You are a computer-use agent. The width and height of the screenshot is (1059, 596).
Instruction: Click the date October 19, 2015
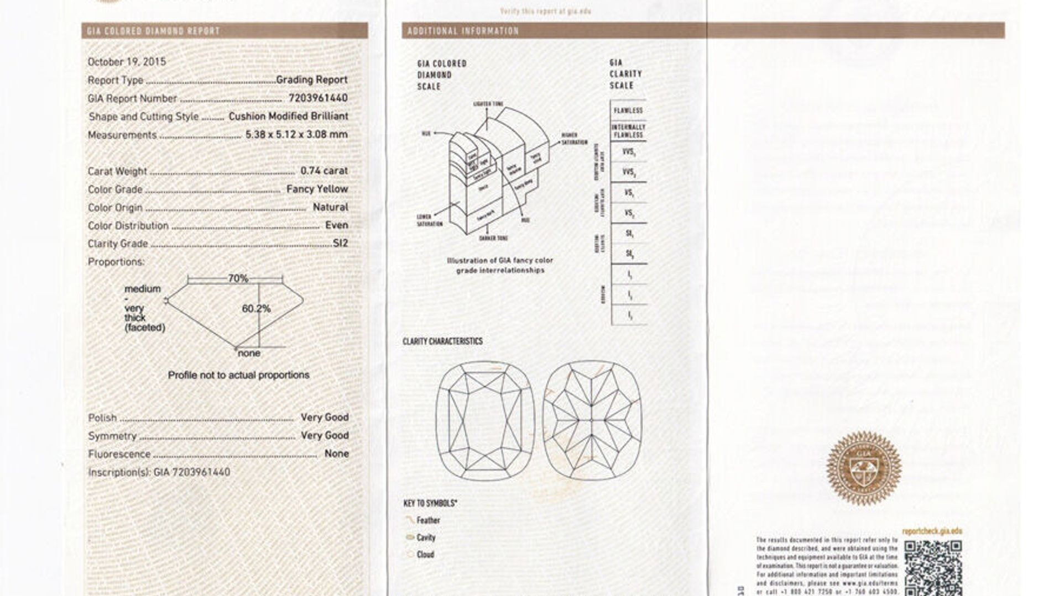pyautogui.click(x=127, y=62)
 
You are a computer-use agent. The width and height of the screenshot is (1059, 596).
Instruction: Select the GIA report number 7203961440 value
pyautogui.click(x=318, y=98)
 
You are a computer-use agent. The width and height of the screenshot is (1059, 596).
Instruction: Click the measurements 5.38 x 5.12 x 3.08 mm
pyautogui.click(x=296, y=134)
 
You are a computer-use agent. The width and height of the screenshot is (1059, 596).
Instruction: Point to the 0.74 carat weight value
pyautogui.click(x=324, y=171)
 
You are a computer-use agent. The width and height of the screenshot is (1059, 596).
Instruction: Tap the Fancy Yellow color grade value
pyautogui.click(x=317, y=189)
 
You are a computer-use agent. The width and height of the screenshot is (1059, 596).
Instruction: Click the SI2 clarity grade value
pyautogui.click(x=340, y=243)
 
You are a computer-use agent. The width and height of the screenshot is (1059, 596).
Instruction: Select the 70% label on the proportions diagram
pyautogui.click(x=238, y=278)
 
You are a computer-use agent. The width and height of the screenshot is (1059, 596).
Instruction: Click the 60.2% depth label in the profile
pyautogui.click(x=256, y=309)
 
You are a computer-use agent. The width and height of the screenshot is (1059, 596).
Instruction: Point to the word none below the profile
pyautogui.click(x=248, y=353)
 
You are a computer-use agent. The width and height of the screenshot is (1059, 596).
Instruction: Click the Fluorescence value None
pyautogui.click(x=336, y=453)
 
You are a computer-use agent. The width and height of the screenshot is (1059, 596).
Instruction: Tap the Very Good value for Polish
pyautogui.click(x=325, y=417)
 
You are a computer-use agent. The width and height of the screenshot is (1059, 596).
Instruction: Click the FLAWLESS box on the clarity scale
pyautogui.click(x=628, y=110)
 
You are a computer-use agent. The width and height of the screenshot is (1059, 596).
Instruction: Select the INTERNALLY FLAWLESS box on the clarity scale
pyautogui.click(x=628, y=131)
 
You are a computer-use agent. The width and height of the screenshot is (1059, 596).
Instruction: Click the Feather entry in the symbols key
pyautogui.click(x=428, y=520)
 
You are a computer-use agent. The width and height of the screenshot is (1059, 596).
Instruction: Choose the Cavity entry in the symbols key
pyautogui.click(x=426, y=537)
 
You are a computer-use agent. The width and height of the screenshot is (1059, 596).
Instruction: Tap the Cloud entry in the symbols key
pyautogui.click(x=425, y=555)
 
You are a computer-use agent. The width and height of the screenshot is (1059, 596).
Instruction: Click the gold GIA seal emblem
pyautogui.click(x=863, y=468)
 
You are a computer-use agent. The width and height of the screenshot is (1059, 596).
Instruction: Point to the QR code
pyautogui.click(x=933, y=567)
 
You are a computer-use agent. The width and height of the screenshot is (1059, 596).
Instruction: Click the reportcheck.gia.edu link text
pyautogui.click(x=932, y=531)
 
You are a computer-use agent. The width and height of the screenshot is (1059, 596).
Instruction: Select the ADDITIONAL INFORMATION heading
pyautogui.click(x=463, y=31)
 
